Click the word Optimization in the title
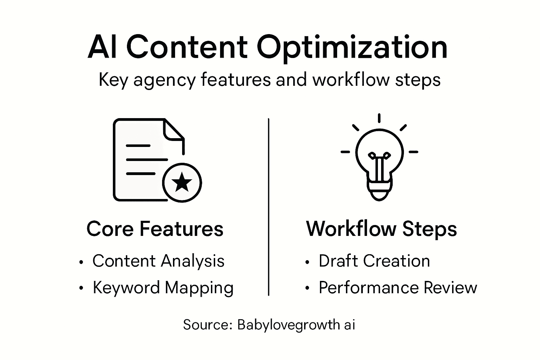point(352,48)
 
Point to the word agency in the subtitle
point(164,81)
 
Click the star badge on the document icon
point(182,182)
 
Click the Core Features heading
point(155,229)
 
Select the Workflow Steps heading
point(381,229)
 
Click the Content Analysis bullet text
point(158,261)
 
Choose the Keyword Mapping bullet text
point(163,288)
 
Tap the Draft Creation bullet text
point(374,261)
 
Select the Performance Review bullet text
point(398,288)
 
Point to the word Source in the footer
point(206,324)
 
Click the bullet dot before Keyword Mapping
point(82,288)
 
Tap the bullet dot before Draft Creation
point(308,262)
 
